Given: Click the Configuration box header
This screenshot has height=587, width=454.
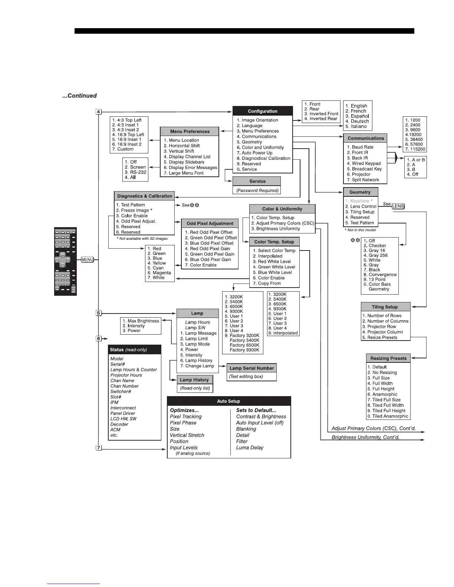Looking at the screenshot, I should (x=263, y=111).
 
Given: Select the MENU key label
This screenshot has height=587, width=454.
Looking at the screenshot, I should (x=87, y=260).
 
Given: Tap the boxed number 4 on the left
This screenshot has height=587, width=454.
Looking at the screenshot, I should (x=99, y=112).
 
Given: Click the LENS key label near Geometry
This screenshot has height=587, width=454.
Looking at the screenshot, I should (x=398, y=206).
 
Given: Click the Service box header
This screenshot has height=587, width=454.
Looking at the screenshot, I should (x=257, y=181).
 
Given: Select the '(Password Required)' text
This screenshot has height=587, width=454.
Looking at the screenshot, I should (x=257, y=190).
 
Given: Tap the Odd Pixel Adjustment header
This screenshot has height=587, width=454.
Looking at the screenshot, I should (x=210, y=223).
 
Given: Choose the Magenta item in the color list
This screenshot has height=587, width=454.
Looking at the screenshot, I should (x=162, y=273).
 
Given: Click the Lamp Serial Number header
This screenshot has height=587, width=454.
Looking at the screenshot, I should (x=251, y=368).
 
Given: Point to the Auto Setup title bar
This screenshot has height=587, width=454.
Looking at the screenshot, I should (x=228, y=401).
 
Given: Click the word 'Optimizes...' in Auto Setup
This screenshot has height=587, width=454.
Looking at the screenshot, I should (x=184, y=410).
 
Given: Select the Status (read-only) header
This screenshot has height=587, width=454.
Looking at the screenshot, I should (x=128, y=349).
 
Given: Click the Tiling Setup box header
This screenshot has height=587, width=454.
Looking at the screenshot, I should (x=385, y=307).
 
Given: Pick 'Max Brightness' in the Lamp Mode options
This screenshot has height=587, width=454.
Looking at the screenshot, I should (x=143, y=321).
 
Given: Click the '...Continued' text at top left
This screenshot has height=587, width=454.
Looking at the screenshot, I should (x=79, y=96).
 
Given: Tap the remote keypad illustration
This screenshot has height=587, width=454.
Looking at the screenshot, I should (x=65, y=261).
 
